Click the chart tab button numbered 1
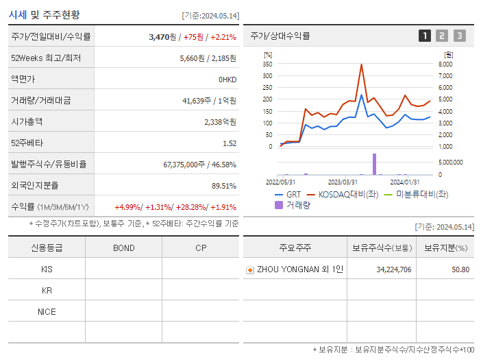coord(425,36)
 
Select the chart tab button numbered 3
coord(459,36)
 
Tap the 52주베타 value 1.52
coord(229,143)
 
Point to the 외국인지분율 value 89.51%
coord(224,186)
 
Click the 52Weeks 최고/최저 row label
coord(46,58)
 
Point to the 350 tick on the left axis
coord(267,64)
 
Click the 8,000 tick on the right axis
coord(445,64)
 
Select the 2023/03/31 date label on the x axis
coord(343,182)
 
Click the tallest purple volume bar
coord(374,164)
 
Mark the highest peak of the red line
coord(361,64)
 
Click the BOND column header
coord(123,248)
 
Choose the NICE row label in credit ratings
coord(47,311)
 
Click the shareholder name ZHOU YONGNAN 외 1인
coord(299,269)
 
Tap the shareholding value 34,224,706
coord(393,269)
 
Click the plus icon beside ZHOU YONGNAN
coord(250,270)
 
